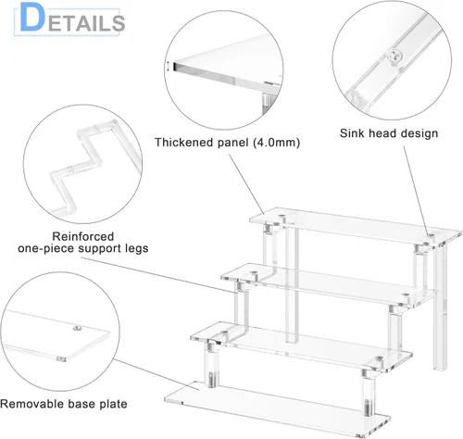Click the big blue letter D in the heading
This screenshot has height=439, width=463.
[x=32, y=18]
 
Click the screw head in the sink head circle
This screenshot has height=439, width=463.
[x=395, y=56]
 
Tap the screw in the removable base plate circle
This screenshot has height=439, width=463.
[x=77, y=328]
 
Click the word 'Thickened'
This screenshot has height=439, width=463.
[x=184, y=143]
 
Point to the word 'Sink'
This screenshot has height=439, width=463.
[x=352, y=133]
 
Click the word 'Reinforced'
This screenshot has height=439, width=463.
[x=83, y=236]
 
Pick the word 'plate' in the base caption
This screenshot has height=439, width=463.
[x=113, y=405]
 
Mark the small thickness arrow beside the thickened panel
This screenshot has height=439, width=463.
[x=168, y=67]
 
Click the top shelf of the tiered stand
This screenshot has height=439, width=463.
[x=356, y=226]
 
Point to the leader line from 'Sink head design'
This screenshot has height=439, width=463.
[x=416, y=191]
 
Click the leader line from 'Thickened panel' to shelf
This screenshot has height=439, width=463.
[x=246, y=184]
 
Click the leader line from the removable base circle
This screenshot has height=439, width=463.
[x=156, y=374]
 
